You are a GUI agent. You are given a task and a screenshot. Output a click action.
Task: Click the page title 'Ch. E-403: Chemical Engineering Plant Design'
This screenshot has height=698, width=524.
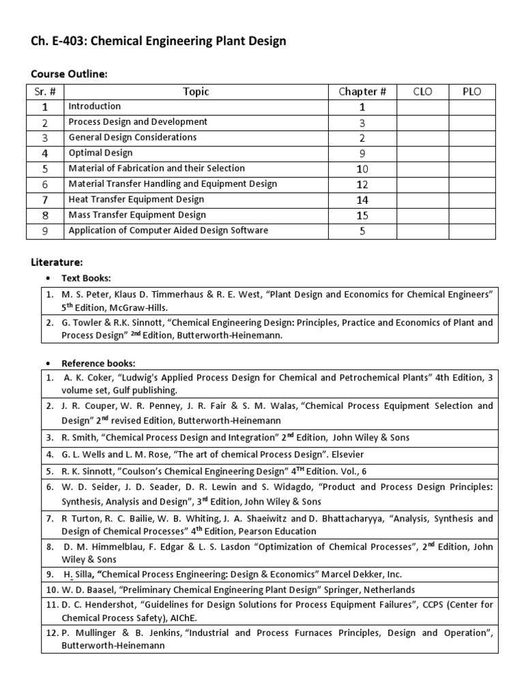158,42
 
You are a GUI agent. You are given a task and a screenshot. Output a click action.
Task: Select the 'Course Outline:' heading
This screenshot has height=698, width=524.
69,74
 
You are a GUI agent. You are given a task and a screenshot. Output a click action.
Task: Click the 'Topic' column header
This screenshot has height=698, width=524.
196,91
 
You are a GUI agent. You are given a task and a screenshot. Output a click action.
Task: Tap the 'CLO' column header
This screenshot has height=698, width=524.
422,91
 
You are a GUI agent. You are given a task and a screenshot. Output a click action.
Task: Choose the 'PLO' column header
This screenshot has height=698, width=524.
471,91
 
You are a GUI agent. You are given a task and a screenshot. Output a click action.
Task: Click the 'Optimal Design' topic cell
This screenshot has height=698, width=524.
100,153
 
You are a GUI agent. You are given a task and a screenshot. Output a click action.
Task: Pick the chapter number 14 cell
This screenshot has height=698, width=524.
362,200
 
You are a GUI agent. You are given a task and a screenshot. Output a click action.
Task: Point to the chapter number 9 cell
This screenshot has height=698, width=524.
362,153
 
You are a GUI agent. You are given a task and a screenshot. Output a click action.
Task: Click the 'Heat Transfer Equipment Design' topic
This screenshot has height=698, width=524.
136,200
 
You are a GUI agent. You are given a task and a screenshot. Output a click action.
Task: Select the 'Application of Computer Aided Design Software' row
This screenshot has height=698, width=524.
168,230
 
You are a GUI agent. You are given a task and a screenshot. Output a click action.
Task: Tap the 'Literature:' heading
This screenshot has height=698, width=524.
57,262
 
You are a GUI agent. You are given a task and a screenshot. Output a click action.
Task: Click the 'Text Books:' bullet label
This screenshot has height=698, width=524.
86,278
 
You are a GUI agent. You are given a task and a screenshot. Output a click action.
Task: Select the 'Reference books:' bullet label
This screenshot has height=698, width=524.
98,363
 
